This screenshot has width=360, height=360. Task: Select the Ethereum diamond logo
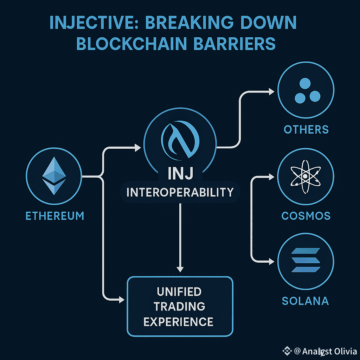(54, 175)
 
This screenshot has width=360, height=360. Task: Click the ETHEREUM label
(55, 215)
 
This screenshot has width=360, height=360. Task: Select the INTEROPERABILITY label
(180, 192)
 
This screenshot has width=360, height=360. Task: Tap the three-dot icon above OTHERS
(306, 91)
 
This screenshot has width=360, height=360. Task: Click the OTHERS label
(306, 129)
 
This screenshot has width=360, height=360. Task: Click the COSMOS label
(306, 215)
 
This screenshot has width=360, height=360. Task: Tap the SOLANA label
(306, 301)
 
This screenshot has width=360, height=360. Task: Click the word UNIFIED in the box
(179, 291)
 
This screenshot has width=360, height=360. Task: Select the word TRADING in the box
(179, 306)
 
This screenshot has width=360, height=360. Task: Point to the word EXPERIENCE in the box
(179, 321)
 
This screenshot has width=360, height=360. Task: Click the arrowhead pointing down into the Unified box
(180, 269)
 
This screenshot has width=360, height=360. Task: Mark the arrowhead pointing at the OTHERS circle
(271, 91)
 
